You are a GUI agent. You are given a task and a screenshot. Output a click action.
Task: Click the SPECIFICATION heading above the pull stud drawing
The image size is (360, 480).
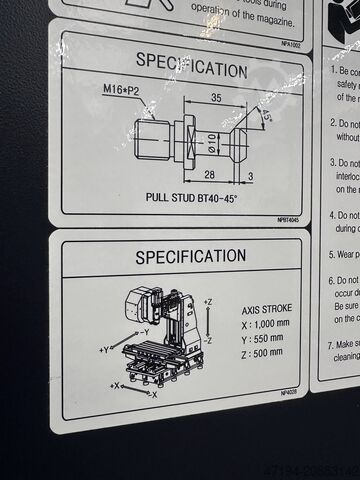point(191,71)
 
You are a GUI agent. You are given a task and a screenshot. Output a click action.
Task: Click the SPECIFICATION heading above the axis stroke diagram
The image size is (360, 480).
point(190,257)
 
